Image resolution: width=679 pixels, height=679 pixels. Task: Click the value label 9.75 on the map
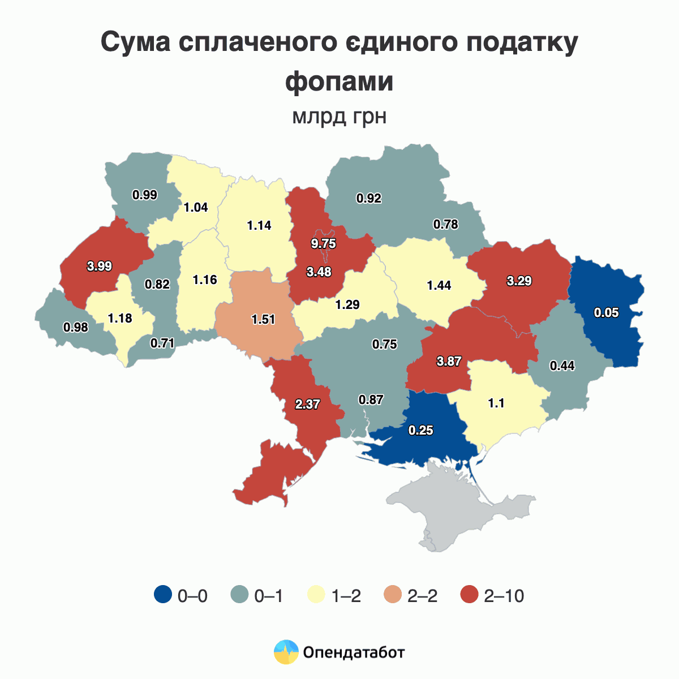(x=324, y=244)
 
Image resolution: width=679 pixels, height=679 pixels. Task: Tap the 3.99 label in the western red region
(x=100, y=266)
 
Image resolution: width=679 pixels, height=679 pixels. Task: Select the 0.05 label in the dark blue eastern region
(x=607, y=312)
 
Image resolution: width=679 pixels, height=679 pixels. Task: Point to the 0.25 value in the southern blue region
(x=421, y=431)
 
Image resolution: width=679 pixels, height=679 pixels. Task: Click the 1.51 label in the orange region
(x=263, y=319)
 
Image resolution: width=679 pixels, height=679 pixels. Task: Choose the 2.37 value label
(x=308, y=405)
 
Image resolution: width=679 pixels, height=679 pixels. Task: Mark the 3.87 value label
(x=449, y=362)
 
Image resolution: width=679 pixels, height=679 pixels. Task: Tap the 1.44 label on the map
(x=439, y=285)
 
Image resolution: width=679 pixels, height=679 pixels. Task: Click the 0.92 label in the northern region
(x=369, y=198)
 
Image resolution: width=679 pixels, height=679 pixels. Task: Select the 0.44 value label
(x=562, y=366)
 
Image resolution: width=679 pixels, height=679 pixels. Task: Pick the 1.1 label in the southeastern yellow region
(x=496, y=403)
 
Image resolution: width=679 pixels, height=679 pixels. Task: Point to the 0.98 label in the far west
(x=75, y=328)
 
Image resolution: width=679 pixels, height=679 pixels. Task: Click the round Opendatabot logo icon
(x=286, y=652)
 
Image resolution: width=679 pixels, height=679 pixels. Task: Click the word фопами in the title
(x=339, y=81)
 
